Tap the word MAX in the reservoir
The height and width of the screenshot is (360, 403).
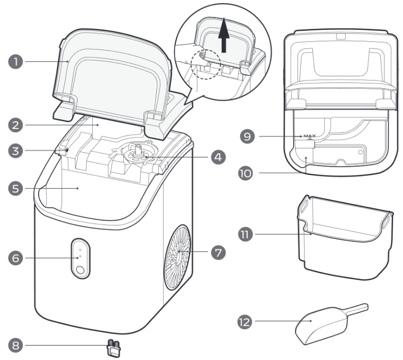310,137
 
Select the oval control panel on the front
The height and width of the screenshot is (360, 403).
79,257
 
